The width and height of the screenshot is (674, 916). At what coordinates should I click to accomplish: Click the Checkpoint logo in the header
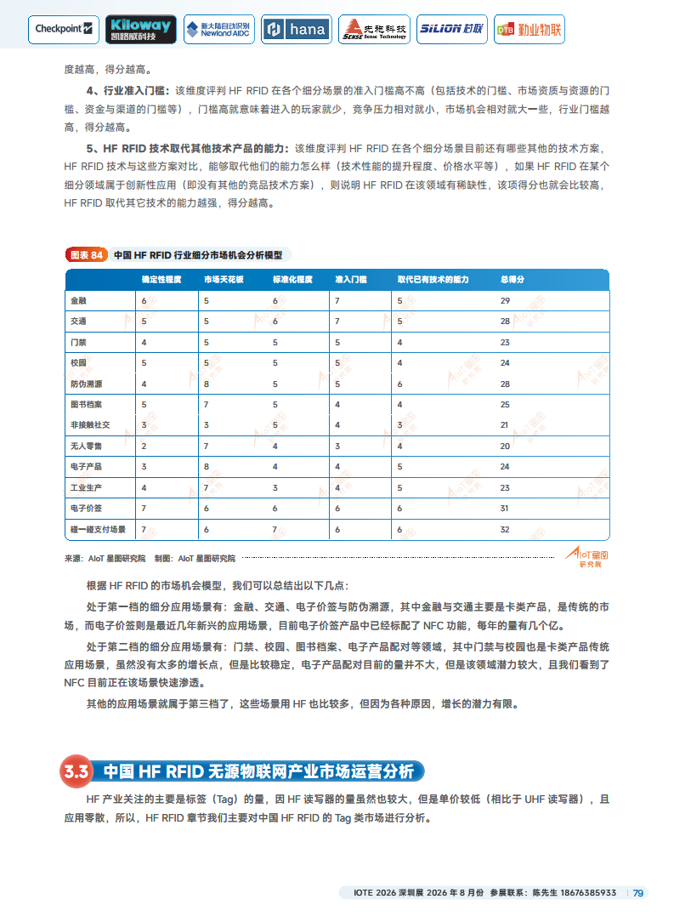pos(65,29)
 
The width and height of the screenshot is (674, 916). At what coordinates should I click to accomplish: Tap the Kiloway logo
pos(141,29)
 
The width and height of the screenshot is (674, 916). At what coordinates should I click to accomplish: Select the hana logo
pos(296,29)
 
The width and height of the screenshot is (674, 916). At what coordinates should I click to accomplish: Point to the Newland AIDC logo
pos(218,29)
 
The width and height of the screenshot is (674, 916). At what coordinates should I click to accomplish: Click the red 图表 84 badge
pos(85,254)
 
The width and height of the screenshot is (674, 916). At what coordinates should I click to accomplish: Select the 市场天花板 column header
pos(224,280)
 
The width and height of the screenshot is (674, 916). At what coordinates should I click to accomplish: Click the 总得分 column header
pos(512,280)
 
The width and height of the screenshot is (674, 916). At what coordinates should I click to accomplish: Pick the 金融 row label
pos(78,301)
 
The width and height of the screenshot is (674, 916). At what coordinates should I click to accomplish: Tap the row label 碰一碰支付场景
pos(98,529)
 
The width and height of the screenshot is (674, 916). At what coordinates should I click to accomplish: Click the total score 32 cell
pos(505,529)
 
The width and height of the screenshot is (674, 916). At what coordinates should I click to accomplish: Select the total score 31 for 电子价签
pos(505,508)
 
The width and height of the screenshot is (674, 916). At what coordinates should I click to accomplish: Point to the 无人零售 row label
pos(86,446)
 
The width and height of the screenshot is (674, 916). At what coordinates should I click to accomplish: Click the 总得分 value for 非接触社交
pos(505,424)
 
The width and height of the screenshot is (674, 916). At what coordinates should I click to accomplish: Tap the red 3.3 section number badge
pos(76,771)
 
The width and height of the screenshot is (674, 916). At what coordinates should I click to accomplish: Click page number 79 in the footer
pos(638,893)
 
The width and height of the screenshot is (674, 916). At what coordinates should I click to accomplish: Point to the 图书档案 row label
pos(86,404)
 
